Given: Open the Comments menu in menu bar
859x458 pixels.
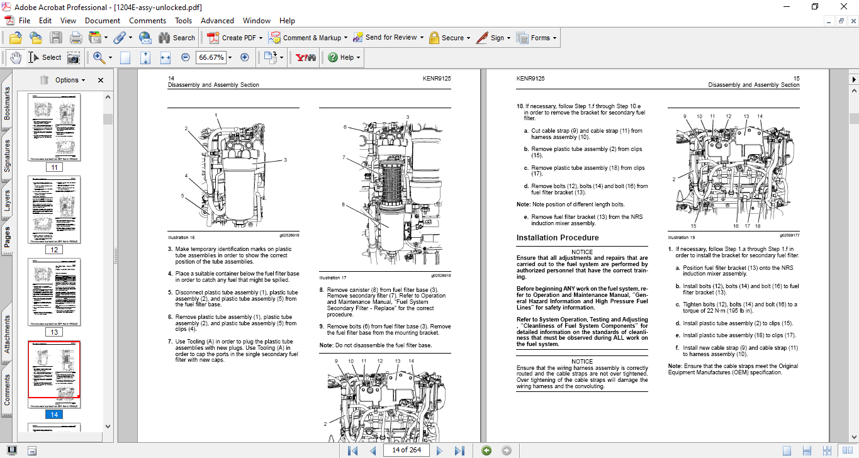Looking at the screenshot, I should coord(147,21).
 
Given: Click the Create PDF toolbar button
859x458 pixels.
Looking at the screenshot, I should coord(232,38).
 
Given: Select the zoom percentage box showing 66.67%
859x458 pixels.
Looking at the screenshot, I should coord(210,57).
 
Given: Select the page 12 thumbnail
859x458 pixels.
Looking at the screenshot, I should coord(54,209).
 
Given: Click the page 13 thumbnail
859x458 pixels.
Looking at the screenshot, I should coord(54,292).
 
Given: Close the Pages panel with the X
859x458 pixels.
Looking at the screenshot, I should coord(101,80).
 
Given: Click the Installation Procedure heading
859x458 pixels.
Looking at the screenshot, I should coord(558,238).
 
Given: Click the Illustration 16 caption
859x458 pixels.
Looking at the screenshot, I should coord(181,238).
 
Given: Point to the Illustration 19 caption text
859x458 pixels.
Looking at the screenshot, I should coord(682,238).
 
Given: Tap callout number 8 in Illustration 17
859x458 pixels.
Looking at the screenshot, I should coord(344,204).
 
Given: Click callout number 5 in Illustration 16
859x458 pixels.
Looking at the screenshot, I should coord(182,196).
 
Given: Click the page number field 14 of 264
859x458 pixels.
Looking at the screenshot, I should coord(406,450).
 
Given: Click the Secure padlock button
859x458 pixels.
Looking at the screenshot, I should coord(446,38).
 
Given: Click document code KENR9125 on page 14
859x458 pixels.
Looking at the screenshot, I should coord(437,79).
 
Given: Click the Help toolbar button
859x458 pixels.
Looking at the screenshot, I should coord(344,57).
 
